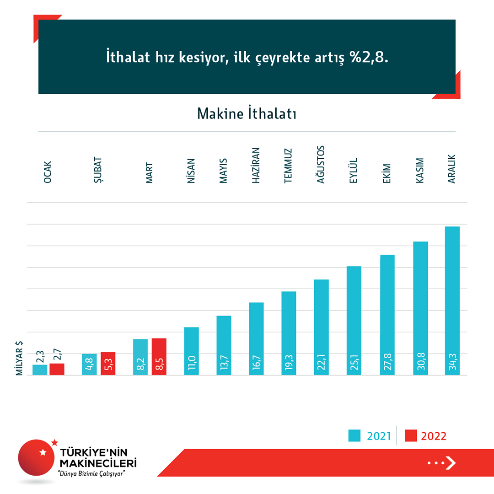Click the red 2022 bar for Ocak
click(x=57, y=369)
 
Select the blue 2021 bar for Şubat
click(x=89, y=364)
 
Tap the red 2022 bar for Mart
click(x=159, y=357)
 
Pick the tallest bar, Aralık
click(x=452, y=301)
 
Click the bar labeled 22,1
click(x=321, y=327)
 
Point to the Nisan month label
click(x=191, y=171)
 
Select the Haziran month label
click(x=256, y=166)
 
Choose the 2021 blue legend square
click(x=354, y=435)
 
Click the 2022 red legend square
click(x=411, y=435)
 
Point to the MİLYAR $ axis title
click(x=20, y=359)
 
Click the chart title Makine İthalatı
click(x=247, y=113)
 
